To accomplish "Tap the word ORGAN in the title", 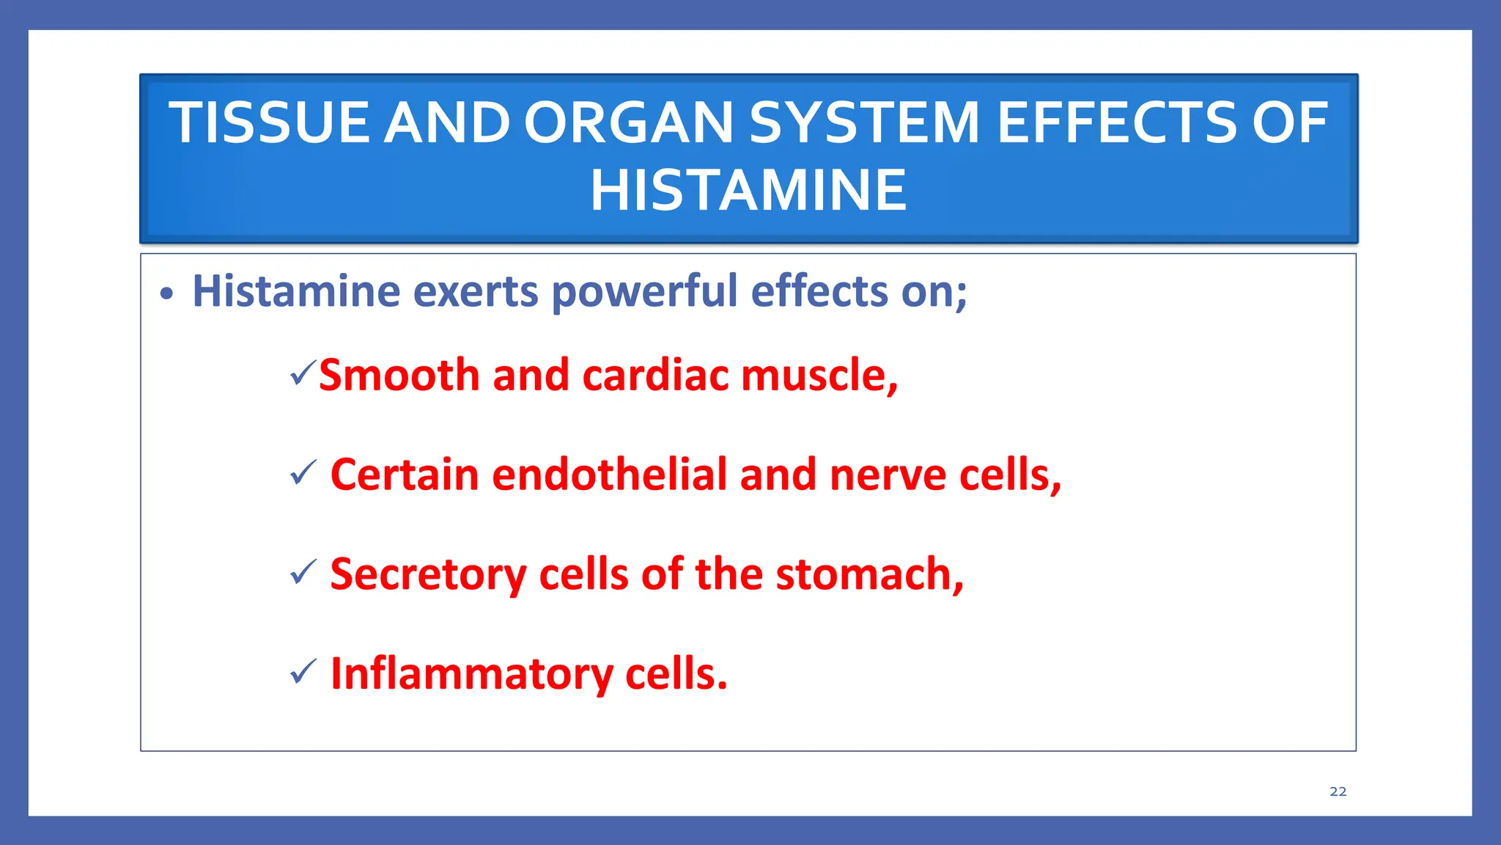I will [628, 122].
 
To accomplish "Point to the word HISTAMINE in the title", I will [748, 191].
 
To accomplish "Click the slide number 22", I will [1338, 791].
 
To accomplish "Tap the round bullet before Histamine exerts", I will [167, 294].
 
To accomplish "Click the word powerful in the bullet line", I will [644, 292].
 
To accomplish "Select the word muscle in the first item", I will [818, 375].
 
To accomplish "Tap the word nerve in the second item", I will [888, 475].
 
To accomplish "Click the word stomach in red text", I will [868, 574].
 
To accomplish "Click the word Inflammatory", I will [471, 674].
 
